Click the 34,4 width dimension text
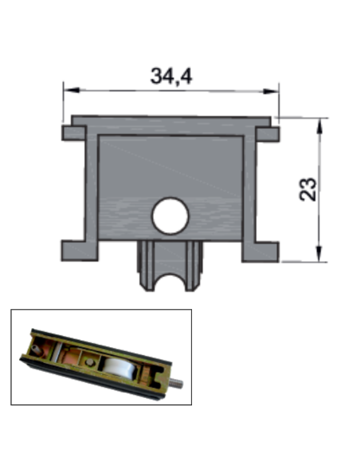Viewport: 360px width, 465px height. [171, 76]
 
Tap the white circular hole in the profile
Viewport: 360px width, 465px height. [170, 216]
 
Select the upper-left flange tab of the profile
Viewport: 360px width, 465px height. [74, 132]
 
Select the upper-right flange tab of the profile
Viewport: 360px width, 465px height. [268, 133]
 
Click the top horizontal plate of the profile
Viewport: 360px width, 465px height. [170, 125]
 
